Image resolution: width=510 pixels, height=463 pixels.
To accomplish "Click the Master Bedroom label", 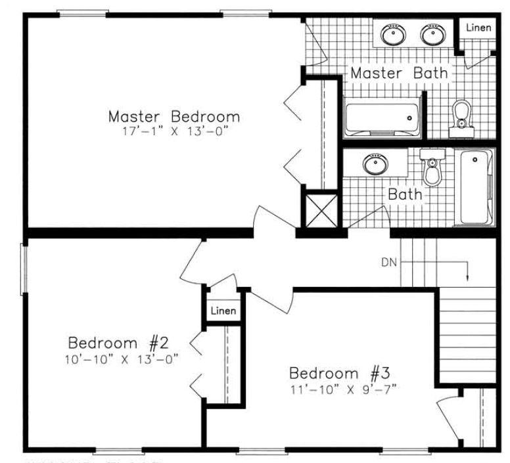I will coord(174,116).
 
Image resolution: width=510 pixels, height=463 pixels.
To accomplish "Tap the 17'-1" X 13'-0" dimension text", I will coord(174,131).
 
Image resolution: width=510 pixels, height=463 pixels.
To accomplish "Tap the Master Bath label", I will coord(399,72).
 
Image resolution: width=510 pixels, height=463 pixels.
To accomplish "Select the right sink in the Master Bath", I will coord(432,33).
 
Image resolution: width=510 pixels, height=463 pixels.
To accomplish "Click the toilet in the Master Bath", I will coord(463,116).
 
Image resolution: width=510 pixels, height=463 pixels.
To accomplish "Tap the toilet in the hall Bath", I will coord(432,169).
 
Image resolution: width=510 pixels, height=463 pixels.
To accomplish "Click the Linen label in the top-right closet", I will coord(478,28).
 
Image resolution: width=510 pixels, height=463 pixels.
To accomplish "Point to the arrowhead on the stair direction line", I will coord(467,276).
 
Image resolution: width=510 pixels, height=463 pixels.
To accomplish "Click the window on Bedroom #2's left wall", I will coord(24,268).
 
